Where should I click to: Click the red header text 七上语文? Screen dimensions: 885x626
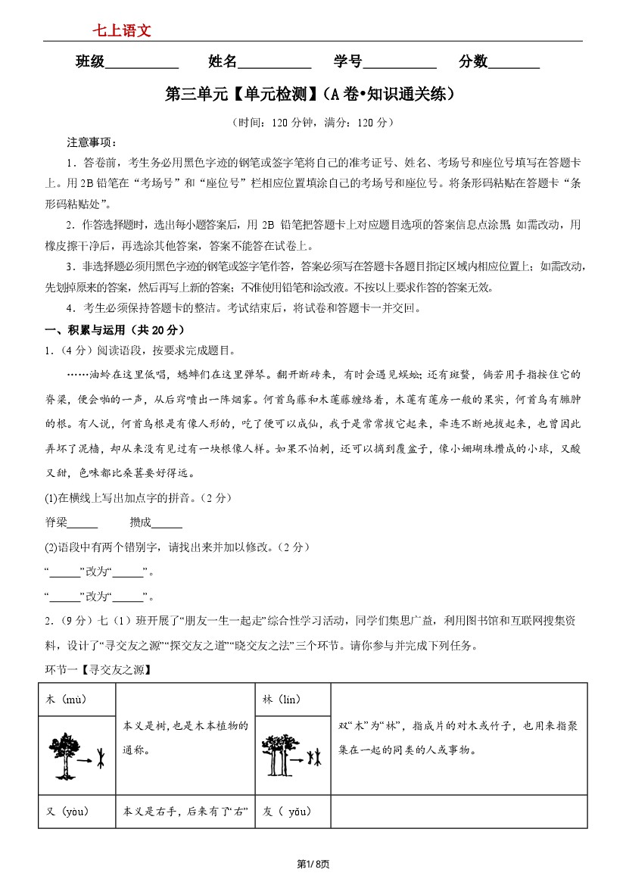coord(122,30)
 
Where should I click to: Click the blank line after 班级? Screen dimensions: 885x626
coord(142,64)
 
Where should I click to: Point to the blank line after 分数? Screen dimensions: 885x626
coord(514,64)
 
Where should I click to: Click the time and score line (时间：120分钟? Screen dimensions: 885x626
coord(312,122)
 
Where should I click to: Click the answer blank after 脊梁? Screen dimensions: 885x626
coord(83,523)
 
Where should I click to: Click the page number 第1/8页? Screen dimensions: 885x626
coord(312,864)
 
